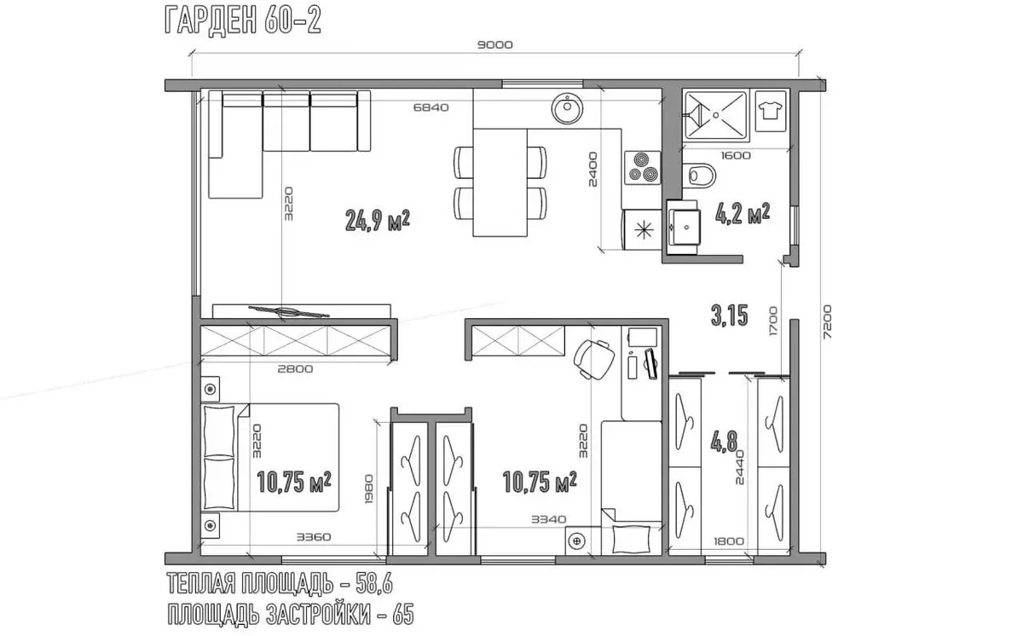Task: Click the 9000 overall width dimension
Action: [x=495, y=44]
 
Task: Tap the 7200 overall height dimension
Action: [x=827, y=322]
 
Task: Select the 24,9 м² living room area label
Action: [x=377, y=221]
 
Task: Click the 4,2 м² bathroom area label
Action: [x=743, y=213]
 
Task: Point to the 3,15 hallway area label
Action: [x=730, y=315]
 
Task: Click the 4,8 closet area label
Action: [x=725, y=442]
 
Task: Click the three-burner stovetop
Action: [x=643, y=168]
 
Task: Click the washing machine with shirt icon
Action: [x=771, y=111]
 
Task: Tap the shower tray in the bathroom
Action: [x=715, y=115]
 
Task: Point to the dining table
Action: [x=500, y=182]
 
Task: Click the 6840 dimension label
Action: [x=431, y=107]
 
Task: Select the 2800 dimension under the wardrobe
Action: [x=295, y=369]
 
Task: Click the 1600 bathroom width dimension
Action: [x=736, y=156]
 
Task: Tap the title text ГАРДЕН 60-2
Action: [x=243, y=20]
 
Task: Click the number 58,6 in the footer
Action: [x=374, y=583]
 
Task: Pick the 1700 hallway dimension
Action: [x=772, y=321]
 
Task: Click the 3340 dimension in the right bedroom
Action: [x=548, y=519]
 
